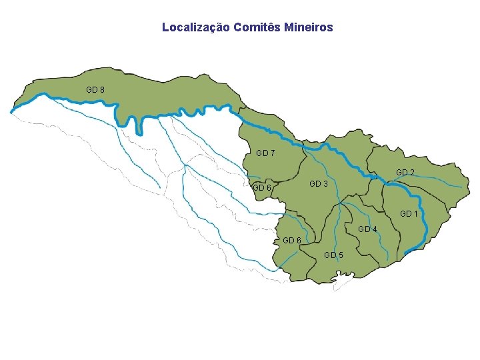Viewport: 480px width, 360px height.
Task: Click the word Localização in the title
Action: point(195,28)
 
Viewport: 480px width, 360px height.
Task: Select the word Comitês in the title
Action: point(257,28)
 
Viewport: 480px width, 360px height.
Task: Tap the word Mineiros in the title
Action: point(308,28)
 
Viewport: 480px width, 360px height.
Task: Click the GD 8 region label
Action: point(95,89)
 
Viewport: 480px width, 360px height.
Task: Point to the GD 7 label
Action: point(265,153)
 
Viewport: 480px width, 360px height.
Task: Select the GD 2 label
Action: point(405,173)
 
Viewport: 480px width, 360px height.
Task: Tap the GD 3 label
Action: point(318,183)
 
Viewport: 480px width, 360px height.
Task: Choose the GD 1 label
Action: point(408,214)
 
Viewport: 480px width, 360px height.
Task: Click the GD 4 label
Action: point(367,229)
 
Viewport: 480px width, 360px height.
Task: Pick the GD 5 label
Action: point(333,255)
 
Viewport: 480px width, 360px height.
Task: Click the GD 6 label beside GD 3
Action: point(262,188)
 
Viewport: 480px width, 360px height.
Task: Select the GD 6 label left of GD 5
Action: point(292,240)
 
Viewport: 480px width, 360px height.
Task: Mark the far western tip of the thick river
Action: point(11,112)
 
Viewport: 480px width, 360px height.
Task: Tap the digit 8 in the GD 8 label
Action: point(101,89)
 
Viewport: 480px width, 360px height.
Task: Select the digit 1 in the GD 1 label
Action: point(415,214)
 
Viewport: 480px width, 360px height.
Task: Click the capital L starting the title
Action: point(165,28)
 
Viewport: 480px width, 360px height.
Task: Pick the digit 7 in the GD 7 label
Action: point(272,153)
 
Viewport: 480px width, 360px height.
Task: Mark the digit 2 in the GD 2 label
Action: point(411,173)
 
